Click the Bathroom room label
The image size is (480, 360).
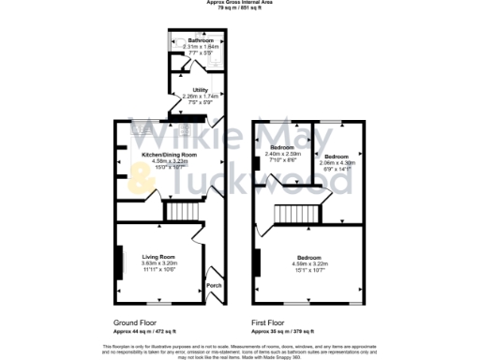tap(200, 41)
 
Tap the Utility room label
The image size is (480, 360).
tap(200, 91)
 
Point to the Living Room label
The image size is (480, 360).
tap(158, 256)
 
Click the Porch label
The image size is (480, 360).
tap(213, 284)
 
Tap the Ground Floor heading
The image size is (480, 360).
tap(129, 323)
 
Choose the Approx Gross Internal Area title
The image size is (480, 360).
tap(240, 3)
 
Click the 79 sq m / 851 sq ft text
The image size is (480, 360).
tap(240, 7)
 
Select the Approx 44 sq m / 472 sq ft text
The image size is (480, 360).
tap(142, 331)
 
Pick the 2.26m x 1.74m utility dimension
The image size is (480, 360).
tap(200, 97)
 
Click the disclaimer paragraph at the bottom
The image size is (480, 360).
tap(240, 351)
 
